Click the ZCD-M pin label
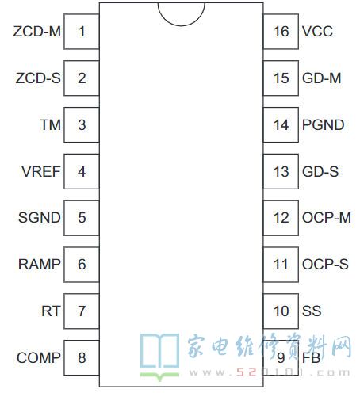(x=37, y=32)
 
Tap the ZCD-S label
(x=38, y=78)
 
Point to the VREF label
(x=41, y=172)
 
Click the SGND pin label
(x=40, y=218)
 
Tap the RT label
(x=51, y=311)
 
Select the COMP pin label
(x=39, y=358)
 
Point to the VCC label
(x=317, y=32)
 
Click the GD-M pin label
(x=322, y=78)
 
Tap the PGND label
(x=323, y=125)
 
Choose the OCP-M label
(x=327, y=218)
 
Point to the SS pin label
(x=312, y=311)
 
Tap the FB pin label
(x=312, y=358)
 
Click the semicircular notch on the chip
(x=182, y=25)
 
